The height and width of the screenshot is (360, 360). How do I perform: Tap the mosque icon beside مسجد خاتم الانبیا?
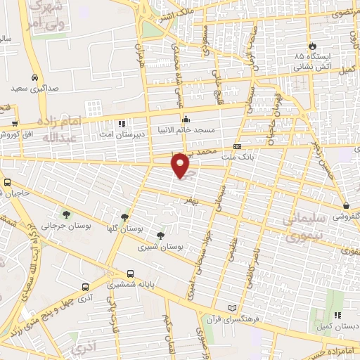(x=186, y=119)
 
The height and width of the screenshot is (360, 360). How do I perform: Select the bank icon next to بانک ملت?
(x=238, y=146)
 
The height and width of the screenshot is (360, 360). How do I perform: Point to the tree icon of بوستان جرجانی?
(x=66, y=214)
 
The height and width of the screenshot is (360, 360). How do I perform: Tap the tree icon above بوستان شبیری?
(x=161, y=236)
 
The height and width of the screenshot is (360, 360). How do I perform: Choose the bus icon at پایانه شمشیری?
(x=130, y=274)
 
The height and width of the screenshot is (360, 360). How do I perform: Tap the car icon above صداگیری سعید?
(x=34, y=78)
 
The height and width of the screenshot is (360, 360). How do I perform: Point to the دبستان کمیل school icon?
(x=337, y=316)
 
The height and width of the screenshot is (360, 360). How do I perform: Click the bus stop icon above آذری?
(x=85, y=287)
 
